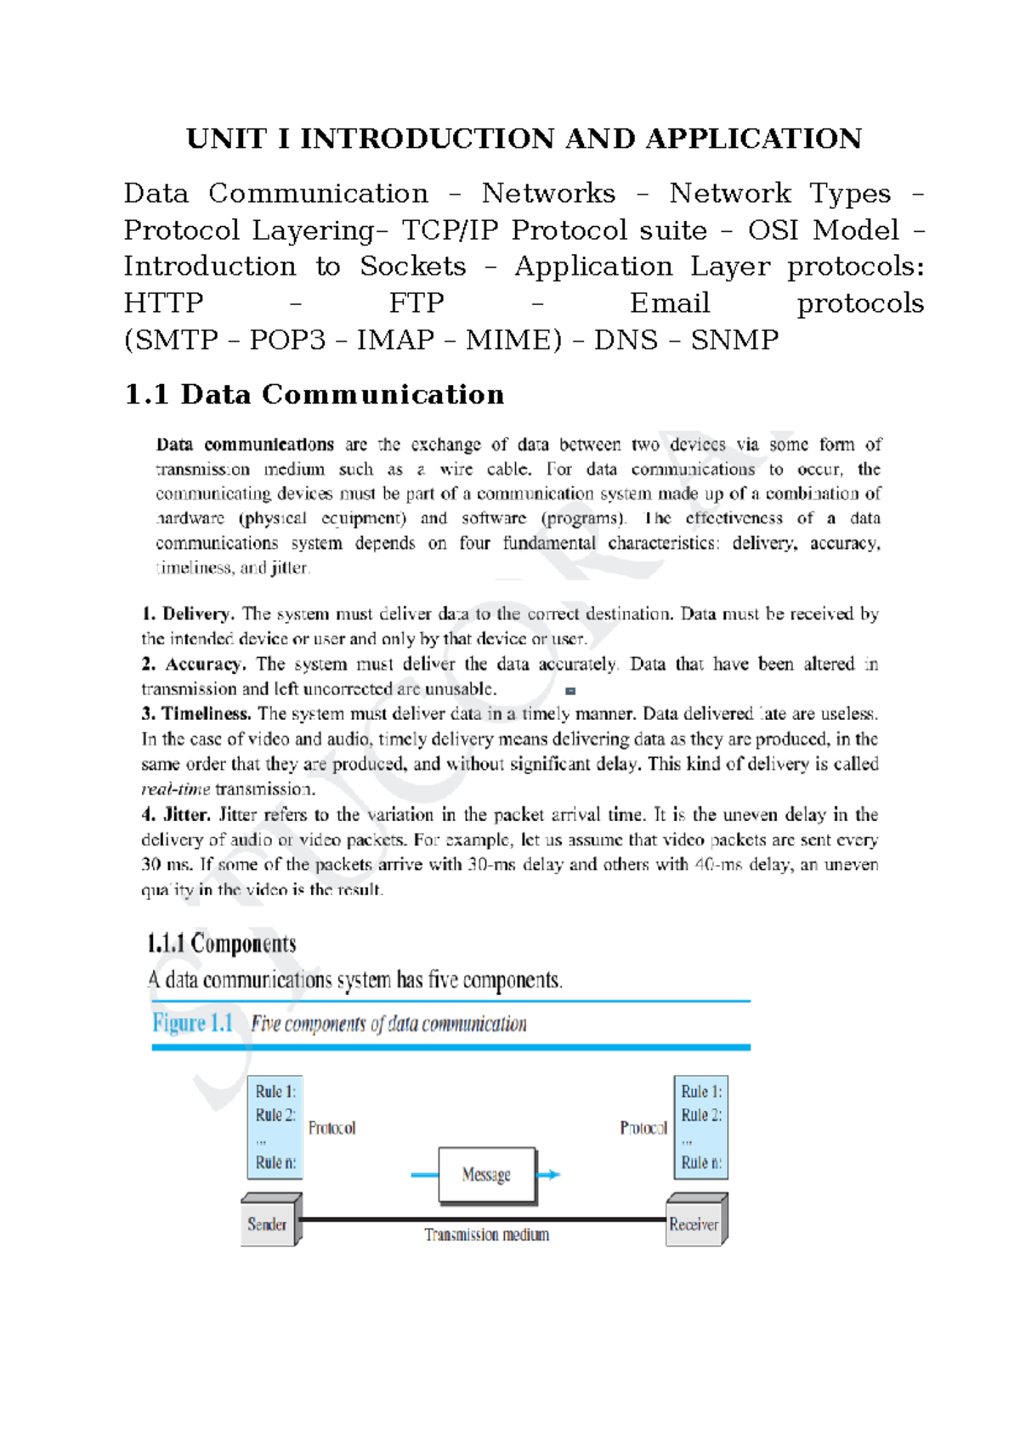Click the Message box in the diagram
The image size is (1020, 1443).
(487, 1175)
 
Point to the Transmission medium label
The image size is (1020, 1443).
(486, 1235)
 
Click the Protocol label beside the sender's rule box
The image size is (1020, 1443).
(331, 1128)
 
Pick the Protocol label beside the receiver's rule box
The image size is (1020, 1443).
(643, 1128)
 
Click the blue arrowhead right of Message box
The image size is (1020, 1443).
(553, 1174)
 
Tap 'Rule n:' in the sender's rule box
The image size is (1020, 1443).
(275, 1163)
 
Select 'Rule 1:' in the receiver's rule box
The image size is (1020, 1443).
(701, 1091)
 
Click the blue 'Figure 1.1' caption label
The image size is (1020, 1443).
(193, 1023)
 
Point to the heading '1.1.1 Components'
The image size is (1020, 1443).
(222, 943)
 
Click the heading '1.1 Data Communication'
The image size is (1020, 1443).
(314, 394)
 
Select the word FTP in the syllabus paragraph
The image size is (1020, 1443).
(416, 303)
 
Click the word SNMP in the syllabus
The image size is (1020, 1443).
(734, 340)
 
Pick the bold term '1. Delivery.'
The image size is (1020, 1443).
(188, 614)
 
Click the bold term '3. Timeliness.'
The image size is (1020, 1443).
(196, 714)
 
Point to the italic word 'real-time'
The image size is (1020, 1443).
(175, 789)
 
